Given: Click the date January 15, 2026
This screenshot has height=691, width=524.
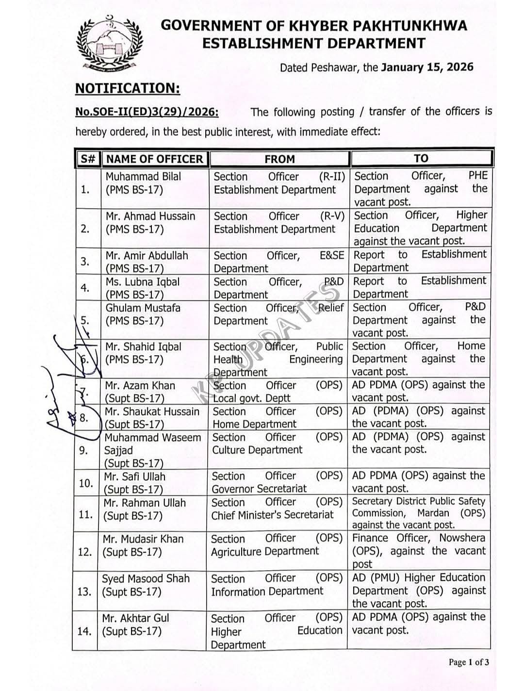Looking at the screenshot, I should click(427, 67).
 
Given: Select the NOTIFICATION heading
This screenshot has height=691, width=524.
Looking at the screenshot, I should click(128, 88).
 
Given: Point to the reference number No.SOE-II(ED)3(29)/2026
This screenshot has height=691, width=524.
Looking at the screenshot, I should click(147, 112).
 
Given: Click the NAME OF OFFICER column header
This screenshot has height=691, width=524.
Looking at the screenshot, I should click(154, 159).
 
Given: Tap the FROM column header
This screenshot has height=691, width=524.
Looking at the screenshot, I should click(279, 159).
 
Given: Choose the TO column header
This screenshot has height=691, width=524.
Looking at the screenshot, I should click(421, 158).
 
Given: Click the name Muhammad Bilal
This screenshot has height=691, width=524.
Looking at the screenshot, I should click(143, 177).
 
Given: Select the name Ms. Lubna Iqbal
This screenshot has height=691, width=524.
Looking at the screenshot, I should click(143, 282).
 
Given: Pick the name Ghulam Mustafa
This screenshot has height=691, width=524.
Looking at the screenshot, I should click(143, 308).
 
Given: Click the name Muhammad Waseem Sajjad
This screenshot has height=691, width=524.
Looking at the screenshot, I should click(152, 444).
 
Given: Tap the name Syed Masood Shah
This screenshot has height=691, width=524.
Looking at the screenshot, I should click(146, 578).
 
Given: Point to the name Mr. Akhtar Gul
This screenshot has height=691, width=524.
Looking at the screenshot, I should click(135, 618).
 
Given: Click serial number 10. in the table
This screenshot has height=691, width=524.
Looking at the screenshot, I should click(85, 483).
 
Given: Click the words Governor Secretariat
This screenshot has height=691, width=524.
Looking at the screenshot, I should click(259, 489).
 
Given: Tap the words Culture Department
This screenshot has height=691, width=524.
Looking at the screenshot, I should click(257, 450).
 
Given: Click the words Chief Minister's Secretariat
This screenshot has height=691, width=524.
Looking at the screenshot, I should click(272, 515).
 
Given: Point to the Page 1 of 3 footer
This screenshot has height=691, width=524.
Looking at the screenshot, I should click(469, 662).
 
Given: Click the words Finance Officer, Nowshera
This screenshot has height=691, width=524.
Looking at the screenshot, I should click(418, 538).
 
